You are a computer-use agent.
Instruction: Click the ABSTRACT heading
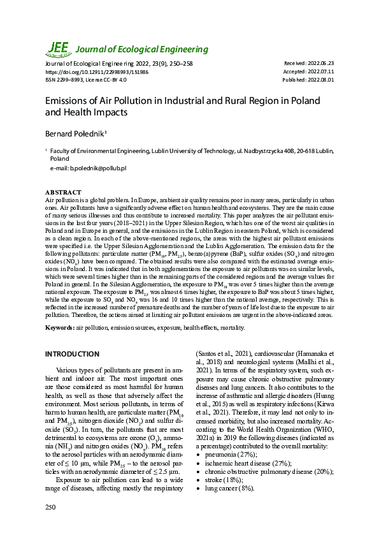click(63, 192)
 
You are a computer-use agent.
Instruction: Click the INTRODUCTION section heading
click(72, 354)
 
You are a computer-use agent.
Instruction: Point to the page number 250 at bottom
click(50, 506)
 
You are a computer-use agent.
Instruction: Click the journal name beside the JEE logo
click(142, 49)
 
